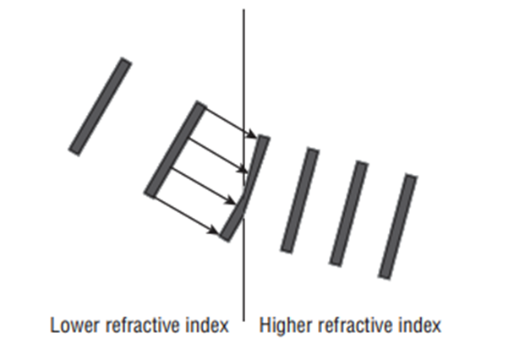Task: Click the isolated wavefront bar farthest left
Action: point(100,106)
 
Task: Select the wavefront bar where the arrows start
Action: point(176,150)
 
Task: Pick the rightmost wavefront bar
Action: point(398,226)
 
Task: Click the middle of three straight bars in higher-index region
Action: point(348,214)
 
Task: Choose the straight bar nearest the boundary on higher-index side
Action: point(299,200)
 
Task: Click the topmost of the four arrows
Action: point(230,120)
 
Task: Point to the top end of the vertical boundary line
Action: point(244,10)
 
